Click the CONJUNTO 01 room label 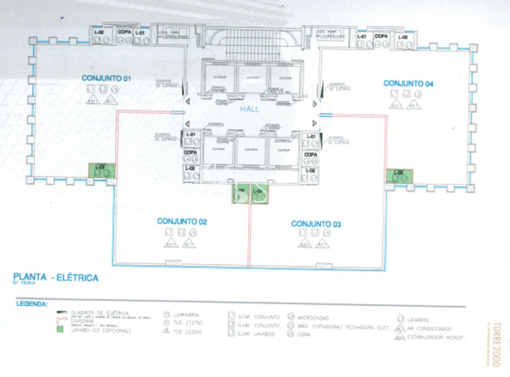click(x=106, y=79)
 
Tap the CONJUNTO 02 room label click(x=182, y=222)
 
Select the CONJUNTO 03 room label click(x=316, y=224)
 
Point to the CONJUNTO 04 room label click(x=408, y=84)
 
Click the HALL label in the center click(x=250, y=109)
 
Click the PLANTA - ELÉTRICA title click(x=56, y=277)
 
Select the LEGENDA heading click(x=32, y=304)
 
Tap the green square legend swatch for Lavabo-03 click(x=61, y=330)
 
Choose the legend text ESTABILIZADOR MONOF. click(x=436, y=338)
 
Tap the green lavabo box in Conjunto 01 click(x=102, y=171)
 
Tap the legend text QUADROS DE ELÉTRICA click(x=100, y=313)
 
